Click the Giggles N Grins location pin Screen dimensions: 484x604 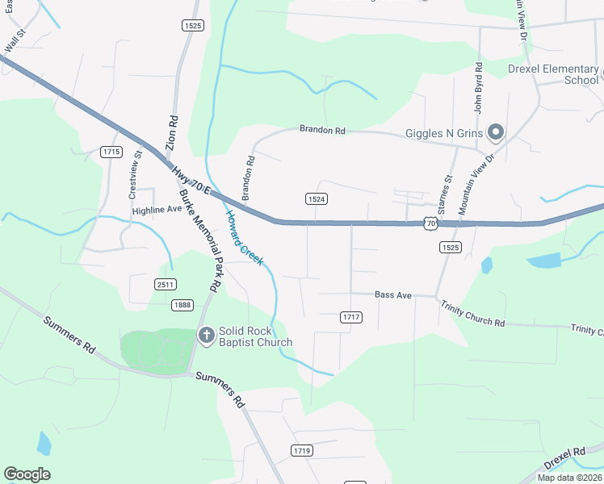coord(496,132)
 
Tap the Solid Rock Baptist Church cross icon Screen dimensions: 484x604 coord(206,335)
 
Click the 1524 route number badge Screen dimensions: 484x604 coord(316,199)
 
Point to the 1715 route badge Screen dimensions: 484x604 coord(111,152)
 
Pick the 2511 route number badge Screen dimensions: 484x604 coord(166,284)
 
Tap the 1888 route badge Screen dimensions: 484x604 coord(182,304)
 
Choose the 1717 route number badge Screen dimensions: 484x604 coord(350,317)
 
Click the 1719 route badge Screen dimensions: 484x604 coord(302,450)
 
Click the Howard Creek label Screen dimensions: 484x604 coord(244,240)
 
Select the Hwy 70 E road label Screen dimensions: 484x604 coord(191,181)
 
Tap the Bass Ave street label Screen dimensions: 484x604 coord(393,295)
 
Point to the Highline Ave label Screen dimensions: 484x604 coord(157,209)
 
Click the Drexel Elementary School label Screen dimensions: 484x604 coord(553,74)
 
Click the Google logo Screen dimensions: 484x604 coord(27,474)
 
